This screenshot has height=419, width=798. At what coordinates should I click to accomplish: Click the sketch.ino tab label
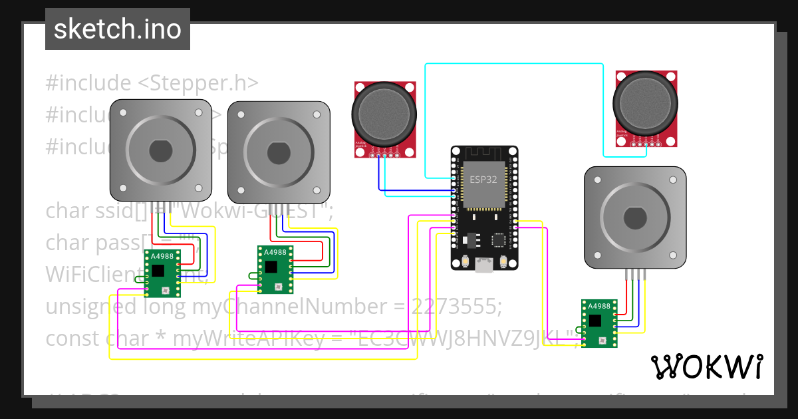[x=117, y=29]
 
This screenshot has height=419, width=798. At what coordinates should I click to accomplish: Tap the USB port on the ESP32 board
[x=483, y=265]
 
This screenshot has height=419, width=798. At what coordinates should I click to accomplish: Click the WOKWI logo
[x=706, y=366]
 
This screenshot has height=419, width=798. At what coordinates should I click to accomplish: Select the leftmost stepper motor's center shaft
[x=161, y=151]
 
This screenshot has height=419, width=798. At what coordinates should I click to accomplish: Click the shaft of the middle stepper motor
[x=279, y=151]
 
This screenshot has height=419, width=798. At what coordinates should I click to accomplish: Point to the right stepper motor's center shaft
[x=634, y=217]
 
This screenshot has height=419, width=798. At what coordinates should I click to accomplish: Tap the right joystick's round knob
[x=646, y=103]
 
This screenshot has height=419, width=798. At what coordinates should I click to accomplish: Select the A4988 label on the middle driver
[x=275, y=253]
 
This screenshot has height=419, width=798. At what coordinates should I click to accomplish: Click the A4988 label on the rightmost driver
[x=599, y=307]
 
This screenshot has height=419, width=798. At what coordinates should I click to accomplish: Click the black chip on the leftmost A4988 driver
[x=158, y=270]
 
